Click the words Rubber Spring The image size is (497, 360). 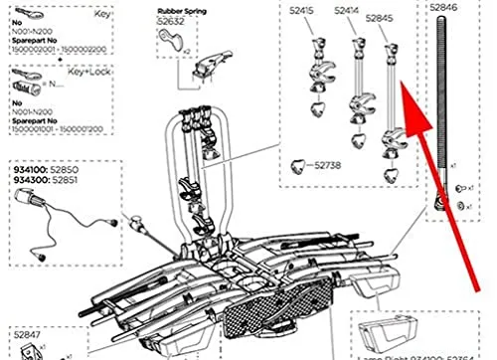180,12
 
